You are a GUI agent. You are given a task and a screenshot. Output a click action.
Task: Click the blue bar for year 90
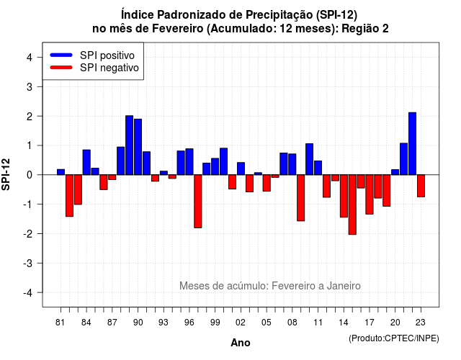click(x=138, y=147)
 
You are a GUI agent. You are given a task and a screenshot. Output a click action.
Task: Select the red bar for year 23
click(x=421, y=186)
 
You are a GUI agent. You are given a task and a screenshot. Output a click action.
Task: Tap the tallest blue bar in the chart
click(x=412, y=143)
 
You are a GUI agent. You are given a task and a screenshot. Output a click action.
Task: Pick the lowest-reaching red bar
click(x=352, y=204)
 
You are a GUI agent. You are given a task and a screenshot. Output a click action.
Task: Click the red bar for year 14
click(x=344, y=196)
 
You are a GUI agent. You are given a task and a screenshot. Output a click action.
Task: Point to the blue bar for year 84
click(x=86, y=162)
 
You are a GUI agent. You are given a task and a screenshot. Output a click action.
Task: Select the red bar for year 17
click(x=370, y=194)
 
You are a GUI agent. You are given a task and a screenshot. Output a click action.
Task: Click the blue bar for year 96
click(x=189, y=161)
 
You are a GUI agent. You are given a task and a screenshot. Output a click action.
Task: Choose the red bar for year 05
click(x=267, y=183)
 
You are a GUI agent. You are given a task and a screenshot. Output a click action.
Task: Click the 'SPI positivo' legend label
click(x=107, y=55)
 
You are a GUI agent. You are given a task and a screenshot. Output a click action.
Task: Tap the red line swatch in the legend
click(x=61, y=68)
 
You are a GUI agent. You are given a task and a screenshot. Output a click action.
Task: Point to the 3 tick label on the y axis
click(x=30, y=86)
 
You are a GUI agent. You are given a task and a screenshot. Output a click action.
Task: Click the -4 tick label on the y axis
click(x=28, y=293)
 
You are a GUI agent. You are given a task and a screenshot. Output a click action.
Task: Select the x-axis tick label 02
click(x=241, y=323)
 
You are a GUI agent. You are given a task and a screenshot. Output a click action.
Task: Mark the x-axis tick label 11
click(x=318, y=323)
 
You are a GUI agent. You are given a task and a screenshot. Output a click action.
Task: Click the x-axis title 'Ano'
click(x=241, y=343)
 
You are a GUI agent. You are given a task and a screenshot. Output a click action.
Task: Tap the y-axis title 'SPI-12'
click(x=6, y=174)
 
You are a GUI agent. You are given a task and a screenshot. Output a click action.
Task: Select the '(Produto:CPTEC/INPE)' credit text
click(x=394, y=338)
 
